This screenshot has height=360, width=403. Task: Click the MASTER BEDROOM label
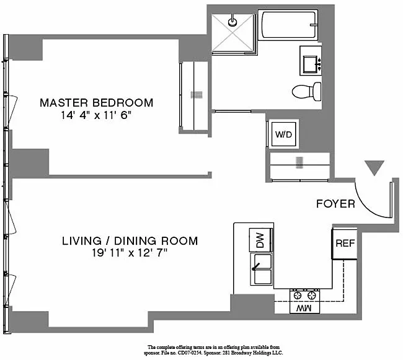[x=96, y=103]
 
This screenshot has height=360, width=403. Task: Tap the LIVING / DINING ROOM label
[x=130, y=241]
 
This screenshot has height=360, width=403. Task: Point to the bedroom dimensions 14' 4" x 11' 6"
[x=96, y=115]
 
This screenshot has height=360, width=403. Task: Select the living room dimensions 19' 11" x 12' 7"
[x=130, y=253]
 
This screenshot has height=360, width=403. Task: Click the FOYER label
[x=335, y=204]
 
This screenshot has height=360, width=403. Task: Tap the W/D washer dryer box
[x=284, y=134]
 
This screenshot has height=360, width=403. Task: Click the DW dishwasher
[x=260, y=240]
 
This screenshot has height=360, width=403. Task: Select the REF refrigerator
[x=345, y=243]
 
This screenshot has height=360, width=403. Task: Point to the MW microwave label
[x=304, y=308]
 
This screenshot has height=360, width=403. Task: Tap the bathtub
[x=288, y=25]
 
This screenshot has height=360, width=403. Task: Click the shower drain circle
[x=232, y=22]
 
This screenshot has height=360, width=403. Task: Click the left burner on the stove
[x=298, y=296]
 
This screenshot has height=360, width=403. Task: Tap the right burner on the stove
[x=312, y=296]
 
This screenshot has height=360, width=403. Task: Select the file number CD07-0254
[x=187, y=353]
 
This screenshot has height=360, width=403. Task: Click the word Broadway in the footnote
[x=241, y=353]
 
